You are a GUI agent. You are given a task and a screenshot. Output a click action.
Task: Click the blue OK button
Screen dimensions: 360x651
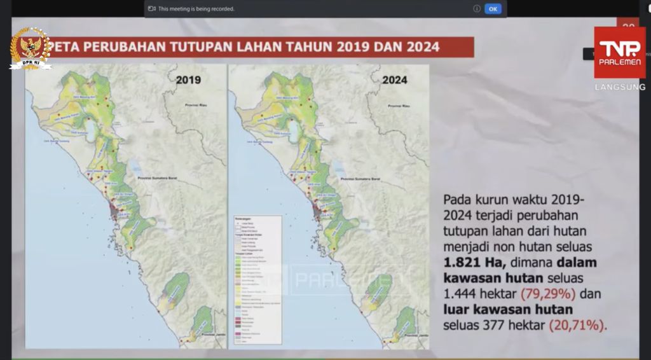coord(493,9)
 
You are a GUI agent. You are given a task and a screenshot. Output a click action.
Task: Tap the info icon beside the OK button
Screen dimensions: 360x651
coord(477,9)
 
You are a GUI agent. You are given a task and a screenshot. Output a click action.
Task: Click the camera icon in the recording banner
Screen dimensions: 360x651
coord(152,9)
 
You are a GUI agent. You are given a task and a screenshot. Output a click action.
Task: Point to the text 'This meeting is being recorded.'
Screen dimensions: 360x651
coord(196,9)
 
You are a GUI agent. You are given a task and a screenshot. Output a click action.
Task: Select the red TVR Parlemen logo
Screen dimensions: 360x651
coord(619,52)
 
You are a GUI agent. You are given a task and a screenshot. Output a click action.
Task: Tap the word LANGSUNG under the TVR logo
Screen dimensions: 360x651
coord(620,87)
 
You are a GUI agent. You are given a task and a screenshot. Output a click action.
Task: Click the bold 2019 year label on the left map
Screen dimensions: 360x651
coord(188,80)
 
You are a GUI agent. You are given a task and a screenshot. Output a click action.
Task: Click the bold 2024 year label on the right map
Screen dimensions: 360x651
coord(395,80)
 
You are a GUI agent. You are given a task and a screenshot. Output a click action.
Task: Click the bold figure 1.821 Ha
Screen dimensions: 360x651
coord(469,263)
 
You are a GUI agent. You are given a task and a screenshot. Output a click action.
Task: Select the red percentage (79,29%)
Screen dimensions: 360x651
coord(547,294)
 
